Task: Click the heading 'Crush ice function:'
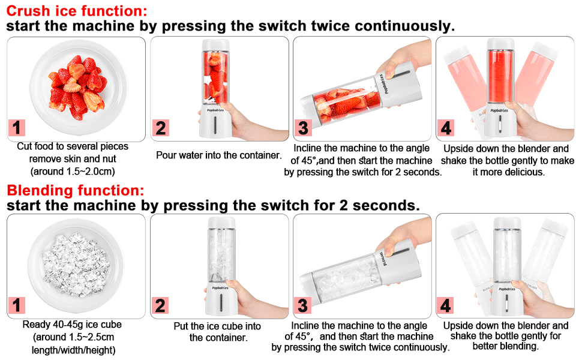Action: (76, 10)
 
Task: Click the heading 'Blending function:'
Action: (76, 191)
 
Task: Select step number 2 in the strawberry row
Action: (160, 128)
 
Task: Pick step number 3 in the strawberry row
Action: (303, 128)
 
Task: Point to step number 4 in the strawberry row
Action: (446, 128)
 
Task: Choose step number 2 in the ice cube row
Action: (160, 305)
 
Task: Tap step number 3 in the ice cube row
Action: (303, 305)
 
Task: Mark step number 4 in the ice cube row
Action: (446, 305)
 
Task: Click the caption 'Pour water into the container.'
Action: (218, 155)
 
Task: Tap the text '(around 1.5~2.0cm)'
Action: (72, 172)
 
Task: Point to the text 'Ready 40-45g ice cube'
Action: (72, 325)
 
